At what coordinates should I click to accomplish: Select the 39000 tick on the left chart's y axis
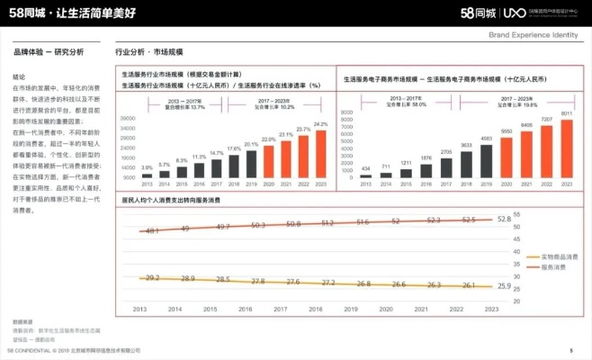click(127, 118)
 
